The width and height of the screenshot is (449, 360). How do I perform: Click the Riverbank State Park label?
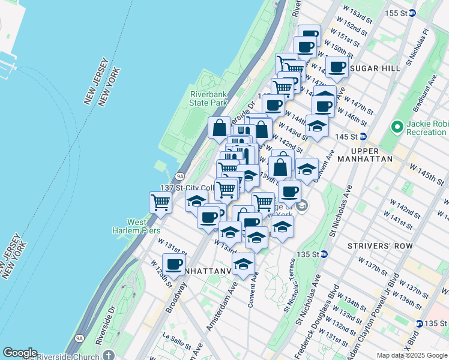click(208, 98)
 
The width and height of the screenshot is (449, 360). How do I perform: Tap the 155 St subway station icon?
click(412, 13)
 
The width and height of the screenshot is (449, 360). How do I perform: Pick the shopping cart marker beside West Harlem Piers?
click(161, 203)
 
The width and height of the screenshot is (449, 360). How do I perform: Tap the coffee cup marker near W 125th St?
click(174, 264)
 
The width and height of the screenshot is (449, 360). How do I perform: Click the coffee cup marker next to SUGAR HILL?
click(337, 67)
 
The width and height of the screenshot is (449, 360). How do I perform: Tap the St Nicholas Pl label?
click(418, 45)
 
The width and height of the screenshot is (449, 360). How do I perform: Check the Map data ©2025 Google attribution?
click(412, 355)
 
